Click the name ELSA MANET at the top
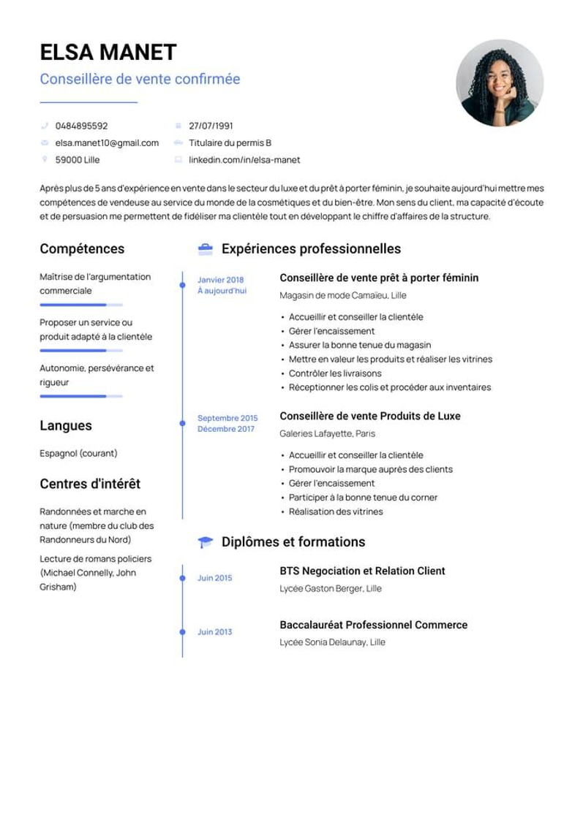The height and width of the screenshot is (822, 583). (108, 53)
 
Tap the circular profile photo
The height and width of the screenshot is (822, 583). (500, 83)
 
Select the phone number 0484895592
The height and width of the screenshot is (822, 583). (81, 126)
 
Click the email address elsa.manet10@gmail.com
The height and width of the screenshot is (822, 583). (107, 142)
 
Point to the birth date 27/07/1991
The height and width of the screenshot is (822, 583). (211, 126)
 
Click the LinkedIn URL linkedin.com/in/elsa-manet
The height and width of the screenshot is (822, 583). (244, 159)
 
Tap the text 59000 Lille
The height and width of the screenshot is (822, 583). (78, 159)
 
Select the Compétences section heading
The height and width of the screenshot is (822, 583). (82, 248)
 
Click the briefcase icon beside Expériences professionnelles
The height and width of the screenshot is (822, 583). (206, 249)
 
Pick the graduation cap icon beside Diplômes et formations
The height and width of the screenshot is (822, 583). (206, 542)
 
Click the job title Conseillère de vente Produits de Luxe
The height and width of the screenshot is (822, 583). (370, 416)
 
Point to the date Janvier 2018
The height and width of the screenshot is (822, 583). (220, 280)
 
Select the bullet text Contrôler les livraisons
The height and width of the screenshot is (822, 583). (335, 373)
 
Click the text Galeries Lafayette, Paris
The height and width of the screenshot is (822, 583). (327, 433)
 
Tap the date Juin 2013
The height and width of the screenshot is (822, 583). (214, 632)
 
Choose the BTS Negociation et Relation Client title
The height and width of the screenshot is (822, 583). (362, 571)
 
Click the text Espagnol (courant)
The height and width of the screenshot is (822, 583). (78, 453)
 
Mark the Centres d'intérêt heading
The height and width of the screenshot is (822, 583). (90, 484)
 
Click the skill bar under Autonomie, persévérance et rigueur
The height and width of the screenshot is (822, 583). (80, 396)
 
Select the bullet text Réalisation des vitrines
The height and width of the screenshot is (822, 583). (336, 511)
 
